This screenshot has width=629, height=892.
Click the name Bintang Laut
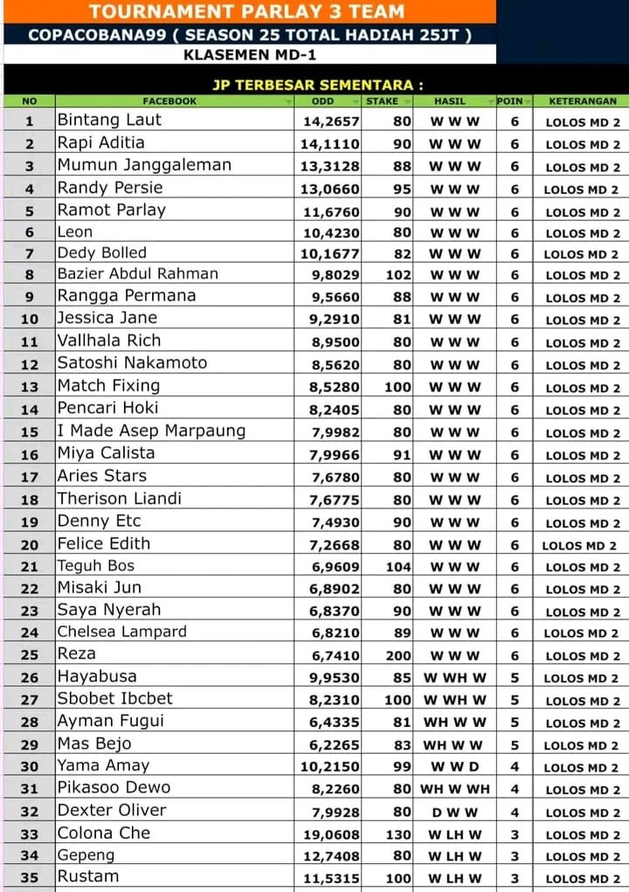(109, 121)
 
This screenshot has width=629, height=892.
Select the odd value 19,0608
(330, 834)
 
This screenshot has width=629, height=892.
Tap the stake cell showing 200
(398, 655)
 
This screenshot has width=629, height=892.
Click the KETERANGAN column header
(582, 101)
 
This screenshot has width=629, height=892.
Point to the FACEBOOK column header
(169, 101)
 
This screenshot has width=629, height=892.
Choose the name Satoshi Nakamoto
(132, 363)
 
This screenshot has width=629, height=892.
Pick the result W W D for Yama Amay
(454, 767)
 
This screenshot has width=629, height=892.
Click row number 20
(30, 544)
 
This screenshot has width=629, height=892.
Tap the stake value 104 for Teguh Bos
(397, 566)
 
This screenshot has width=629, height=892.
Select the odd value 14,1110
(330, 144)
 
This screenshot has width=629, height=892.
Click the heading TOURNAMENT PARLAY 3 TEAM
(246, 12)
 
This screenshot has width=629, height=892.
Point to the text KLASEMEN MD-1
(250, 55)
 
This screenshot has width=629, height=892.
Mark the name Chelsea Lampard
(121, 632)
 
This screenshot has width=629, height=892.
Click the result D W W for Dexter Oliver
(454, 812)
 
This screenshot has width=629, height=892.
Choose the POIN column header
(509, 101)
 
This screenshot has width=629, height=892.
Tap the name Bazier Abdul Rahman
(137, 273)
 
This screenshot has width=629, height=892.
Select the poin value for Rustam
(515, 878)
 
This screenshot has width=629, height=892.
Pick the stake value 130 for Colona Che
(397, 834)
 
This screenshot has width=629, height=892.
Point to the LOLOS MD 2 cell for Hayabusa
(582, 678)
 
